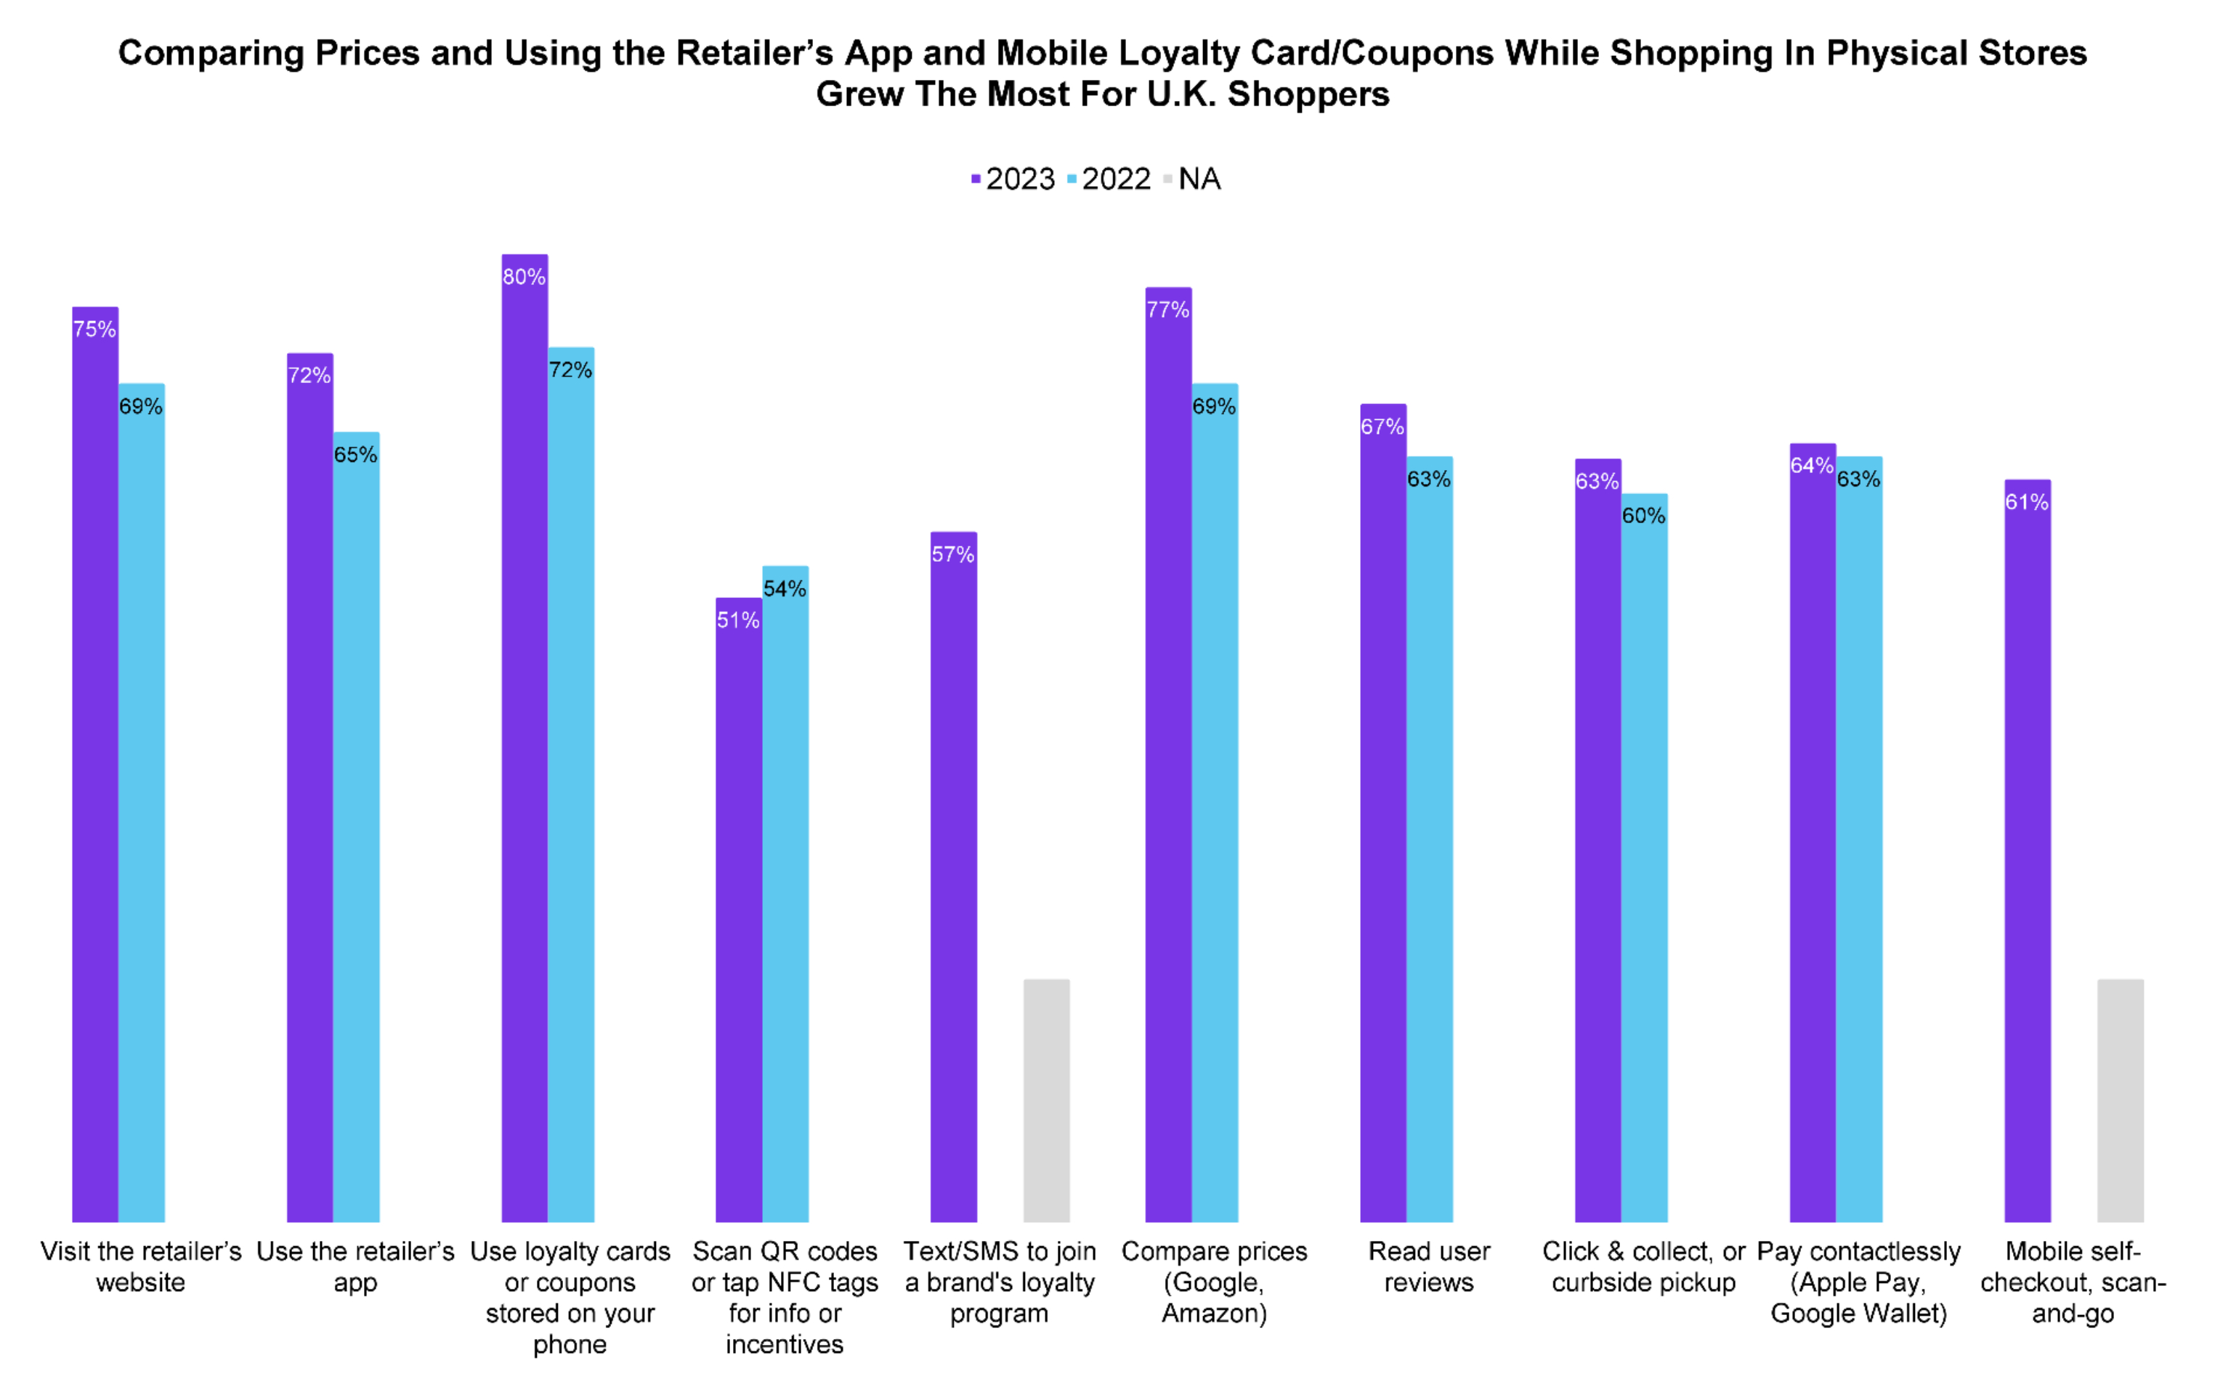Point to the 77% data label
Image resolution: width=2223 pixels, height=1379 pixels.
tap(1168, 310)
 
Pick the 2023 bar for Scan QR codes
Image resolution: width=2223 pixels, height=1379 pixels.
tap(739, 912)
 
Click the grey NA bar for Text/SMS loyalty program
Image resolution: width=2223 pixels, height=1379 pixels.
tap(1046, 1100)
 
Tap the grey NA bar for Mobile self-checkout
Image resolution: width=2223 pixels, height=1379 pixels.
tap(2120, 1100)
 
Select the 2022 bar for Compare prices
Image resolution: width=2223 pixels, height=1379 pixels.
tap(1215, 803)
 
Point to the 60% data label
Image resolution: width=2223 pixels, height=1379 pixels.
tap(1644, 516)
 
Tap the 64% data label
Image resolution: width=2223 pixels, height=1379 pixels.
tap(1812, 466)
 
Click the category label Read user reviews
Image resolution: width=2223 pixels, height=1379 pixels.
tap(1429, 1267)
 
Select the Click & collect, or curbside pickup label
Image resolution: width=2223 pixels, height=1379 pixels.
tap(1643, 1267)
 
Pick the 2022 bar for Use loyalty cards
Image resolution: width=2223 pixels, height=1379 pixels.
tap(571, 785)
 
